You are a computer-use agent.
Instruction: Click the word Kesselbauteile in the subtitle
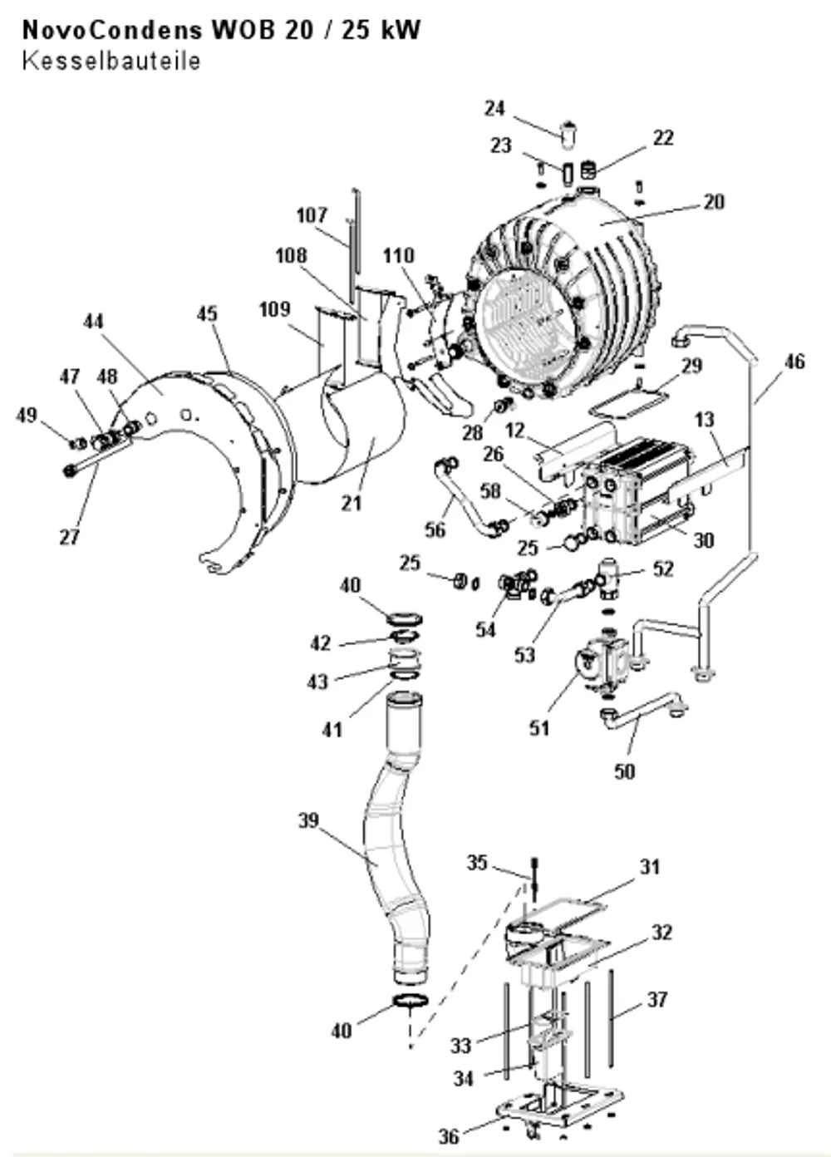[x=111, y=61]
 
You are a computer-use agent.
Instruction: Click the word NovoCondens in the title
[x=112, y=30]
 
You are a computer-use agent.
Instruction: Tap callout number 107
[x=312, y=215]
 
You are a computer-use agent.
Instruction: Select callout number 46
[x=794, y=362]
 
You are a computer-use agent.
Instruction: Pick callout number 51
[x=539, y=728]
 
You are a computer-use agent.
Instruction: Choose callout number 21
[x=352, y=503]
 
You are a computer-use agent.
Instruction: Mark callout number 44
[x=93, y=322]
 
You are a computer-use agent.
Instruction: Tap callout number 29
[x=692, y=366]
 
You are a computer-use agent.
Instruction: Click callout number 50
[x=624, y=771]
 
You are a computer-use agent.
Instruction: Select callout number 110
[x=399, y=255]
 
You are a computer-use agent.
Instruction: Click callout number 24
[x=494, y=108]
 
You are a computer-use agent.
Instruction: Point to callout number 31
[x=650, y=867]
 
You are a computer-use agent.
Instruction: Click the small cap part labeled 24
[x=568, y=135]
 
